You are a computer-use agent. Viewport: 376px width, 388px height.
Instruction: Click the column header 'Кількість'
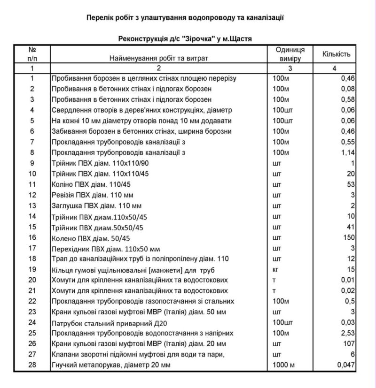pyautogui.click(x=336, y=54)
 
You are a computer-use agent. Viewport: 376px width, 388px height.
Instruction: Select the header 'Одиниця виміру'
pyautogui.click(x=290, y=54)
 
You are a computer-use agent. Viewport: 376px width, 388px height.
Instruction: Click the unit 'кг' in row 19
pyautogui.click(x=276, y=270)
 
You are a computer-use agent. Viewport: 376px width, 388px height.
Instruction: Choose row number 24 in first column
pyautogui.click(x=32, y=322)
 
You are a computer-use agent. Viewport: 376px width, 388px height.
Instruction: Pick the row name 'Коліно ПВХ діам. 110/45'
pyautogui.click(x=88, y=184)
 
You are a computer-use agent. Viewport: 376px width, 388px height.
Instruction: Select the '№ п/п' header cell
pyautogui.click(x=32, y=54)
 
